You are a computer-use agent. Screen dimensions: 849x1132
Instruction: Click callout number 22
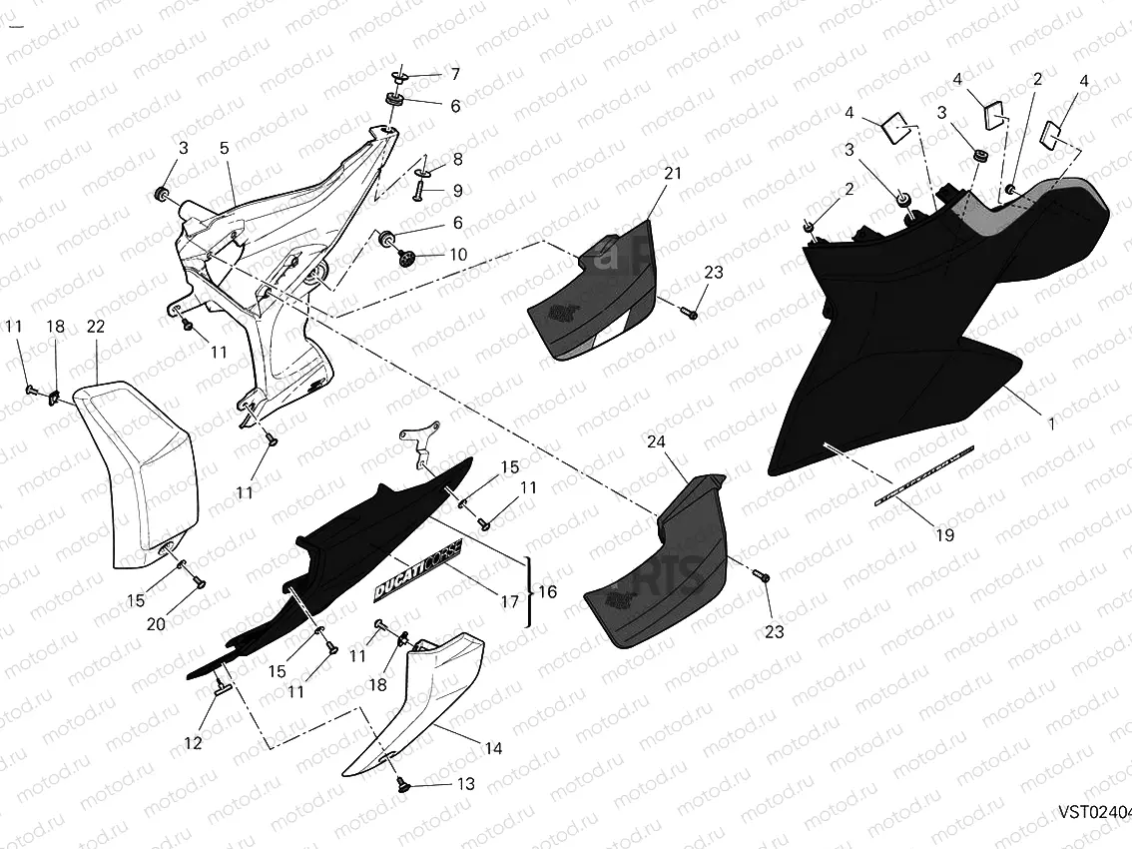[96, 328]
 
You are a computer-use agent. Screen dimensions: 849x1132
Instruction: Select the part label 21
[673, 174]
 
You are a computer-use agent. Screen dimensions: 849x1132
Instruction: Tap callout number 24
[656, 441]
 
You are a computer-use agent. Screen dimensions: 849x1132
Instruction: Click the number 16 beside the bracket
[548, 592]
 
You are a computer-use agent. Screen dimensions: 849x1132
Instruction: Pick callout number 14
[492, 748]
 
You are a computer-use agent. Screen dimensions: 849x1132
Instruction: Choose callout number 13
[465, 784]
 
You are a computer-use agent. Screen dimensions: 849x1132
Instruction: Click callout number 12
[193, 743]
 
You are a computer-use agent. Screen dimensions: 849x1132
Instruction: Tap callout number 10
[457, 255]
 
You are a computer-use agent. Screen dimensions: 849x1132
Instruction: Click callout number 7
[455, 74]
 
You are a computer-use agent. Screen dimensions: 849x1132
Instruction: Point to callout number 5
[225, 148]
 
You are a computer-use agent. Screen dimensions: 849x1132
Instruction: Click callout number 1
[1050, 424]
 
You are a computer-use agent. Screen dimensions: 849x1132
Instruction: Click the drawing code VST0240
[1094, 812]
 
